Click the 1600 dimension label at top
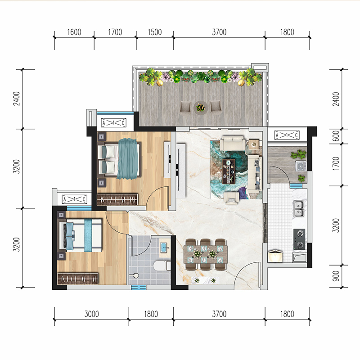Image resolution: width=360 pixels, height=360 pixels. pos(74,32)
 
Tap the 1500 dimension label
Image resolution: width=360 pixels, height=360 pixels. pos(155,32)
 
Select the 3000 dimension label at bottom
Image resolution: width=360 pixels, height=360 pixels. pos(92,314)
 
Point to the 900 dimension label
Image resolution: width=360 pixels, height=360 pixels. pos(336,276)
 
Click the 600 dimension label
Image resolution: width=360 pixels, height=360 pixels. pos(336,136)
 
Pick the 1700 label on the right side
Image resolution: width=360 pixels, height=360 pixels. pos(336,163)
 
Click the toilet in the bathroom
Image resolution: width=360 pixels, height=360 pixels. pos(162,265)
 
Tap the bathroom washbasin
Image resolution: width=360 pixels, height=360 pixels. pos(164,247)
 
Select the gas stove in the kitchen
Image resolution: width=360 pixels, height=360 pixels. pos(299,239)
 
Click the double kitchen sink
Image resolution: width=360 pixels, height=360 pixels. pos(299,209)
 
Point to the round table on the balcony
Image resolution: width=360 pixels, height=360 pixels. pos(201,108)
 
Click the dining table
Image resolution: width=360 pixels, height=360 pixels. pos(206,254)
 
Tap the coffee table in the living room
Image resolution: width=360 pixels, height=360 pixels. pos(229,171)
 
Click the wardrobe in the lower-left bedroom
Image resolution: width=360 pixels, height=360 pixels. pos(78,279)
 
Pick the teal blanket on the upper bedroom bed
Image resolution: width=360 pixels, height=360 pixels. pos(128,158)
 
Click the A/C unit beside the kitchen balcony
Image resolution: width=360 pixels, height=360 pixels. pos(287,135)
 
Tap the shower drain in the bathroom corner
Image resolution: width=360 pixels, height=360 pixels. pos(136,275)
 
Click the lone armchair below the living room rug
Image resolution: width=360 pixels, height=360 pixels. pos(231,198)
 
